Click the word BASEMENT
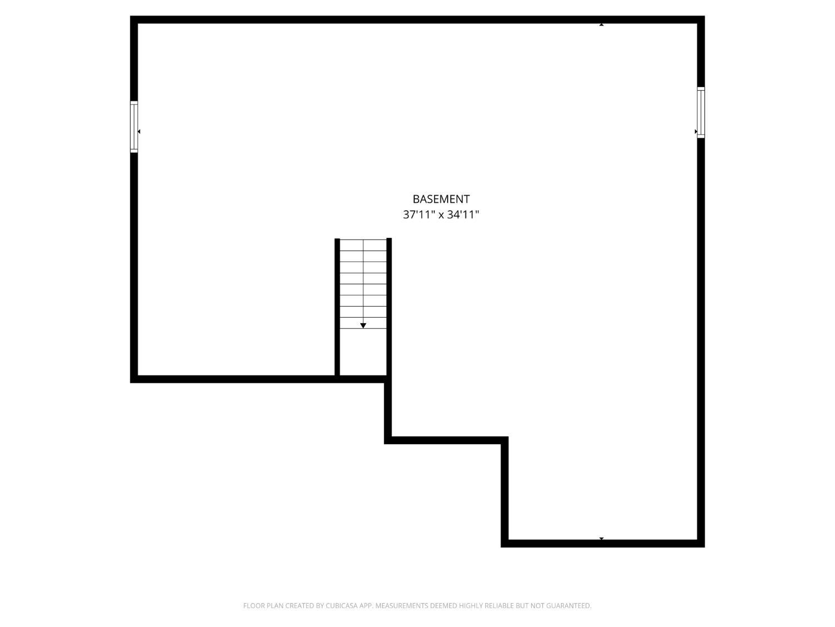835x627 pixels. coord(441,199)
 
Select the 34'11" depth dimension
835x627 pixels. coord(463,215)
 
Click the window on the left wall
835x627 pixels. coord(134,127)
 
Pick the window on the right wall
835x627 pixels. coord(701,113)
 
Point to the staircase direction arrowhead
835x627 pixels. coord(363,325)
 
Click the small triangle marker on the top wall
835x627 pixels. coord(601,25)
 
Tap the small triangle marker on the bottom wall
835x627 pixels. coord(601,538)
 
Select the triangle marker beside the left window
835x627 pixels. coord(139,132)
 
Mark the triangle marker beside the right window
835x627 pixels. coord(696,132)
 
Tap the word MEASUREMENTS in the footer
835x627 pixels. coord(401,606)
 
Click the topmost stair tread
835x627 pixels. coord(363,245)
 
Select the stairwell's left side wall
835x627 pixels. coord(337,307)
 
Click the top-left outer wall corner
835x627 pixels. coord(134,20)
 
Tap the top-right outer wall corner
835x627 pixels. coord(701,20)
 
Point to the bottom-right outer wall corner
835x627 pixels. coord(701,543)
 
